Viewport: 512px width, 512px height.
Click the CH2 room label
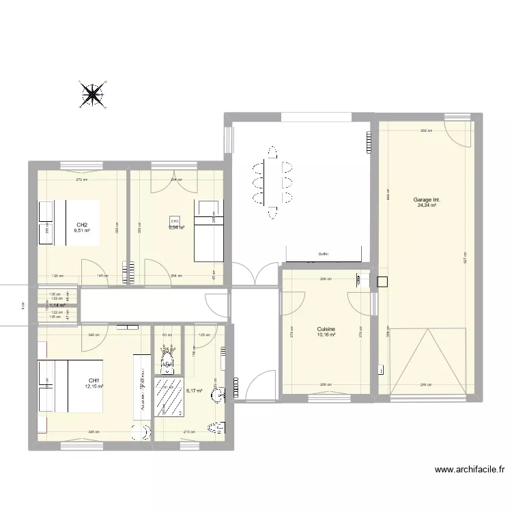(x=82, y=225)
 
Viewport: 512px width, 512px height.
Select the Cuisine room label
(x=326, y=329)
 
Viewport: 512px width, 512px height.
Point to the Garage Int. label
(x=427, y=199)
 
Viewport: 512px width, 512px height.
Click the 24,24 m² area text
(x=427, y=205)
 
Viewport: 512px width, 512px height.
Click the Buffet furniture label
(x=324, y=254)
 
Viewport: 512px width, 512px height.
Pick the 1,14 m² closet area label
(x=57, y=305)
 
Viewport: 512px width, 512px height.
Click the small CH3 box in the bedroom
(x=174, y=221)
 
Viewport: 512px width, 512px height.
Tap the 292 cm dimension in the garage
(x=424, y=130)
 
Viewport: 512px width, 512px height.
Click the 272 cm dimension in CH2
(x=81, y=180)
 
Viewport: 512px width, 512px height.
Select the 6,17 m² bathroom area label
(x=194, y=391)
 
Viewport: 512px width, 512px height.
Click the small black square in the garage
(x=382, y=281)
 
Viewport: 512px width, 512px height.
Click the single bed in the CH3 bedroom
(x=209, y=231)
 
